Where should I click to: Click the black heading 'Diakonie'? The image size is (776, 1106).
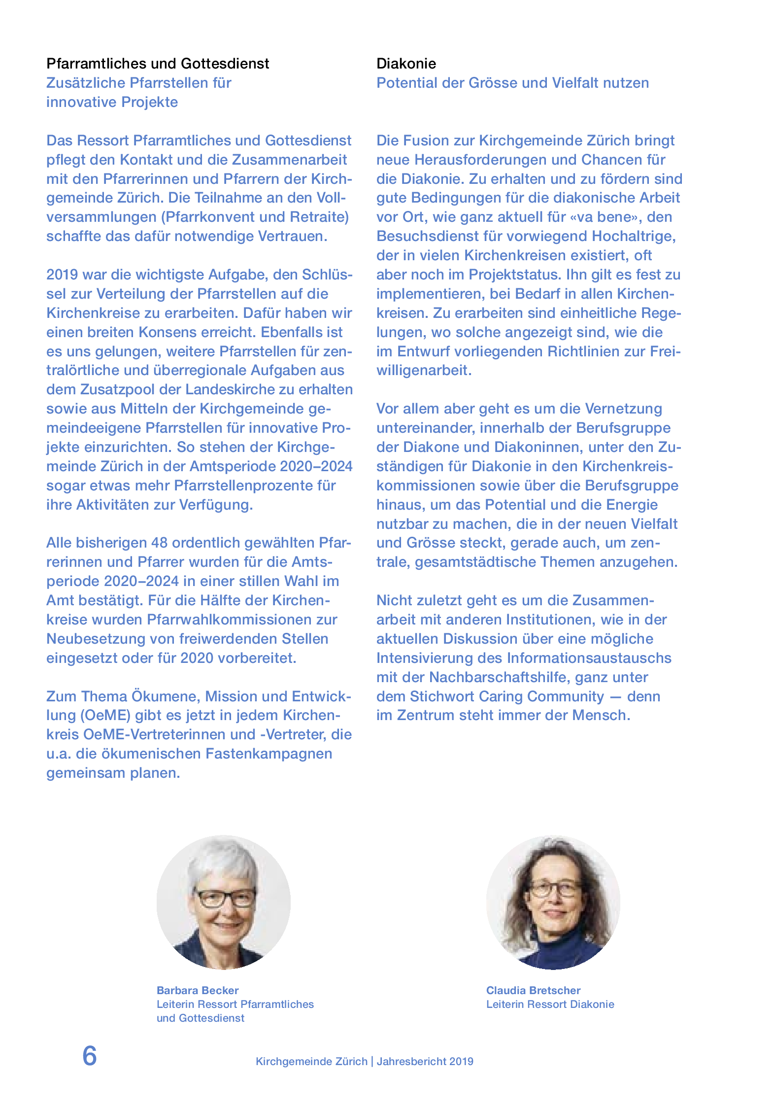click(406, 64)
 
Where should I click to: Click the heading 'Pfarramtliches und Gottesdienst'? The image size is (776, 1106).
click(158, 64)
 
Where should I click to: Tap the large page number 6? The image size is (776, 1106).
click(89, 1056)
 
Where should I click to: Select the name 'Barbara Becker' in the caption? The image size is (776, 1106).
click(197, 990)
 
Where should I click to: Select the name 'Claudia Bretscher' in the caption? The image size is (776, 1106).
click(533, 990)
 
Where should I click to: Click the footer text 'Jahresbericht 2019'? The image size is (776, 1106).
click(425, 1061)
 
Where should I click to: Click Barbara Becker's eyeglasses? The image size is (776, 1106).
click(225, 898)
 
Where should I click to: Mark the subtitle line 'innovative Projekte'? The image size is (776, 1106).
click(112, 102)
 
